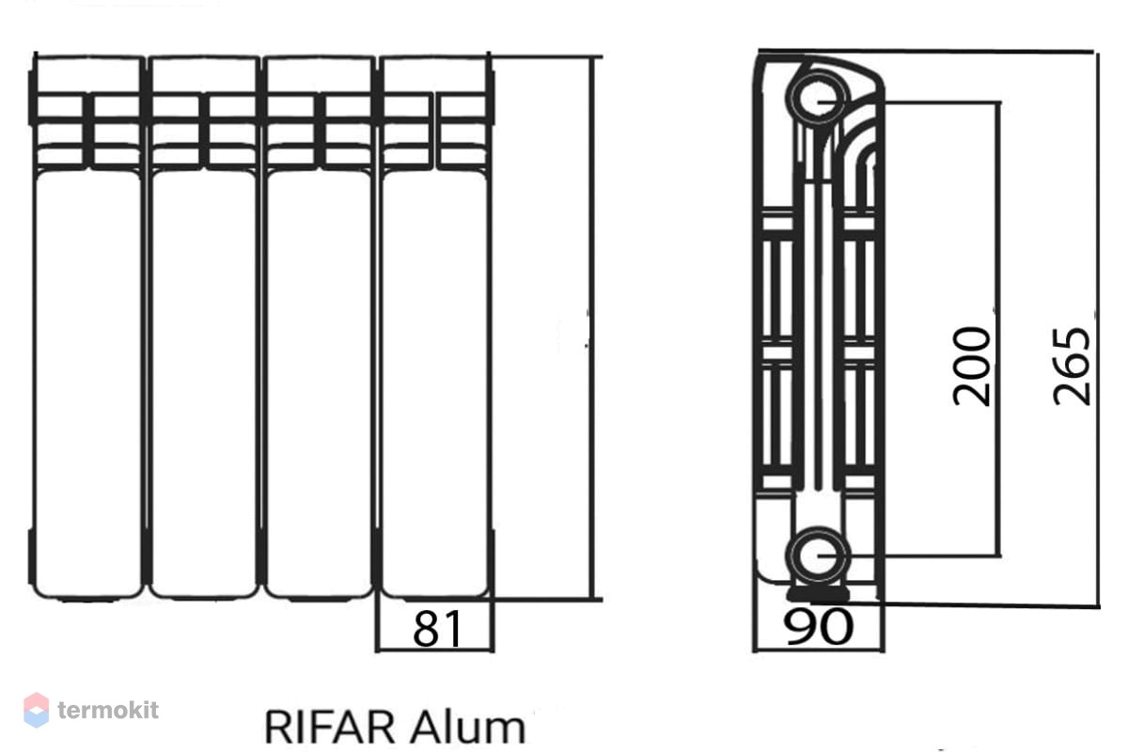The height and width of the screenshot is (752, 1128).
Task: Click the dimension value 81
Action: point(436,629)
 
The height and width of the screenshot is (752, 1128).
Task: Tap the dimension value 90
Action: point(818,627)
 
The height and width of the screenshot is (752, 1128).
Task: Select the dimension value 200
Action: point(971,367)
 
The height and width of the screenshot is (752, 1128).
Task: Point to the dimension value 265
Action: point(1071,367)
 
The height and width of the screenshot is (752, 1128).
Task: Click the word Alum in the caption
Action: point(468,727)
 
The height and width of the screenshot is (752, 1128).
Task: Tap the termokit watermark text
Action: point(108,711)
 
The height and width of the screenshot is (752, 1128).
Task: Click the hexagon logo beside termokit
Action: point(37,711)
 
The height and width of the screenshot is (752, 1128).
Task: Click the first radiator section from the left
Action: point(87,327)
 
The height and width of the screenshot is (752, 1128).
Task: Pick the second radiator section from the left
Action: point(203,327)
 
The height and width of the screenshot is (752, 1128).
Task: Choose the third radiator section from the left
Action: point(319,327)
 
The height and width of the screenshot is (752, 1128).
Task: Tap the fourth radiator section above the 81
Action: point(434,327)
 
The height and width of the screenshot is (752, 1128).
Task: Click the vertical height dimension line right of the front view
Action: point(592,328)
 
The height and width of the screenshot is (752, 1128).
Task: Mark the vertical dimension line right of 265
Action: point(1097,328)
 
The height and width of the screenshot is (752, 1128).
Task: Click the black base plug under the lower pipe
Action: point(819,595)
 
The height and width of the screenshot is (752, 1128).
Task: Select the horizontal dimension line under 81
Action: point(434,650)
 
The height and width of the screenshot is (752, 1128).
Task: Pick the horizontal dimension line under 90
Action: point(819,650)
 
